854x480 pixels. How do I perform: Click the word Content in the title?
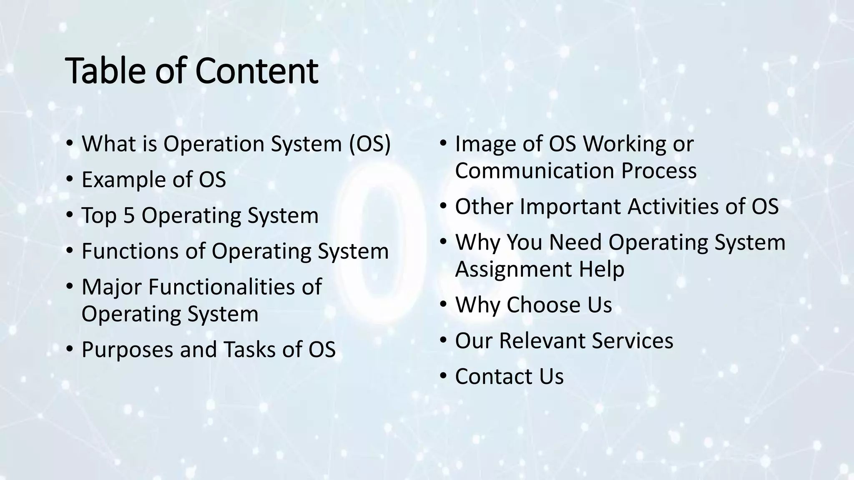tap(256, 71)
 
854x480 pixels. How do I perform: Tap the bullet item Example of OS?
tap(153, 180)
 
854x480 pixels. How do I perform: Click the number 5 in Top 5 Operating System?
tap(129, 215)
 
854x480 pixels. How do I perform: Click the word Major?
tap(111, 287)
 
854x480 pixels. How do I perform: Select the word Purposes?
tap(127, 349)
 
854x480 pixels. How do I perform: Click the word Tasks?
tap(249, 349)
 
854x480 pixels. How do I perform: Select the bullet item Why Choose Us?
tap(533, 305)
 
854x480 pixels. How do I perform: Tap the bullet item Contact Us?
tap(509, 376)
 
